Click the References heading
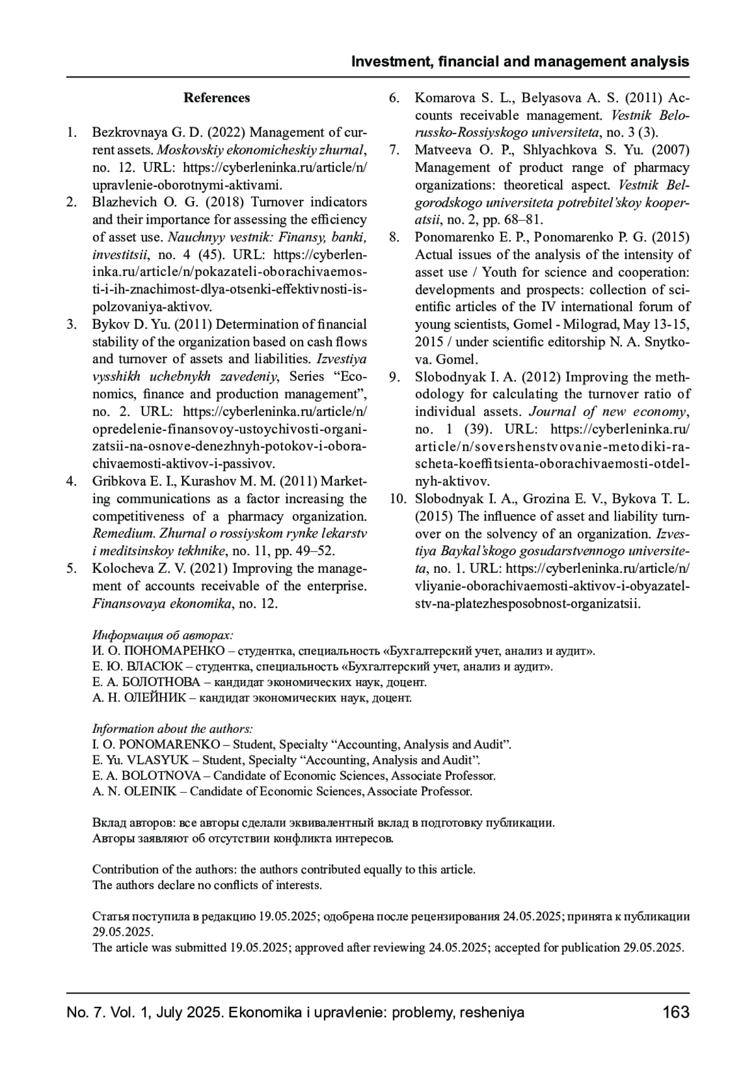(217, 98)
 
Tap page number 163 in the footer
(676, 1013)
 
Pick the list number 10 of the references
(398, 499)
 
